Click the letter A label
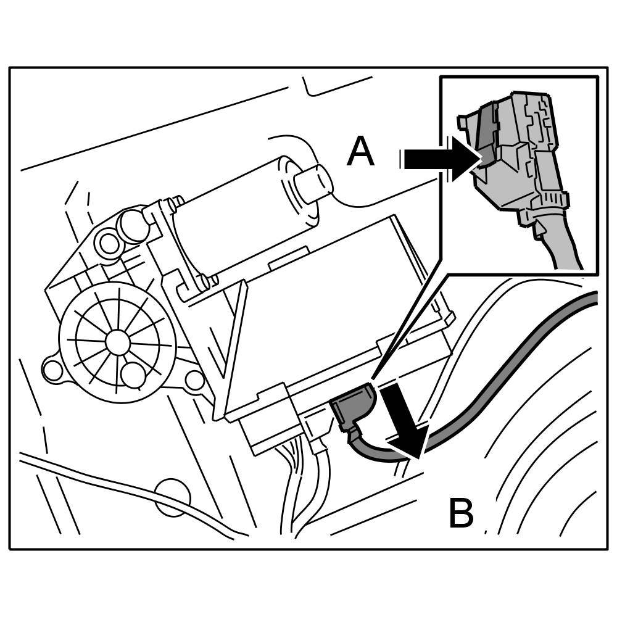[x=360, y=152]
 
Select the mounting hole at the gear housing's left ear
[x=53, y=370]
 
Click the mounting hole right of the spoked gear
[x=194, y=381]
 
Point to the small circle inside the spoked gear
[x=133, y=375]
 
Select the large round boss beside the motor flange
[x=133, y=226]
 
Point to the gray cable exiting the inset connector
[x=565, y=247]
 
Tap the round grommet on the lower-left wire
[x=172, y=497]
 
